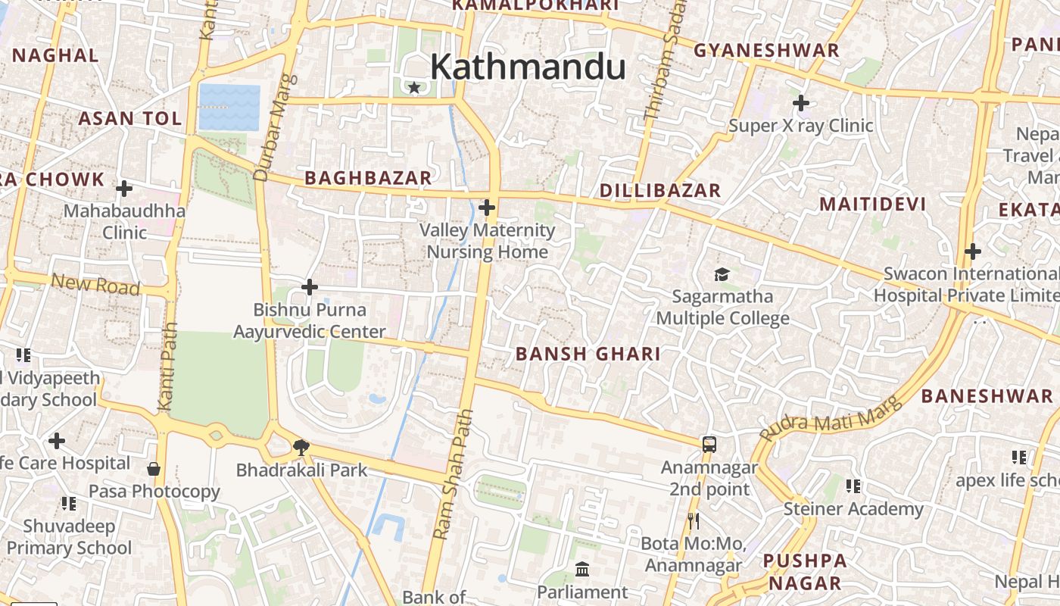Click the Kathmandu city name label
(528, 67)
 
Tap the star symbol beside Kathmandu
(414, 88)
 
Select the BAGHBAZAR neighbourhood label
(368, 178)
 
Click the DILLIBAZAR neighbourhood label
(660, 191)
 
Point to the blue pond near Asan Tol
(229, 107)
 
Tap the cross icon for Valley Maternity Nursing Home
(487, 207)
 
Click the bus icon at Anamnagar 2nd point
(709, 445)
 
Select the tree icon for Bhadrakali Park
(301, 446)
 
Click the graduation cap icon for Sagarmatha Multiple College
(722, 274)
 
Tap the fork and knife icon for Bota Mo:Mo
(693, 520)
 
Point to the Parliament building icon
(582, 569)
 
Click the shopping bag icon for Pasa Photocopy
(154, 469)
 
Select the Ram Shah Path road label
(454, 474)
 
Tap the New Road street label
(95, 285)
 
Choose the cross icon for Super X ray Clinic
(800, 102)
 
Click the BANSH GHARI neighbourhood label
(588, 354)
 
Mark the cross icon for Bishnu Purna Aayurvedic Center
(309, 287)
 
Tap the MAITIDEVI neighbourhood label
(872, 205)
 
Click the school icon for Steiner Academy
(853, 486)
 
